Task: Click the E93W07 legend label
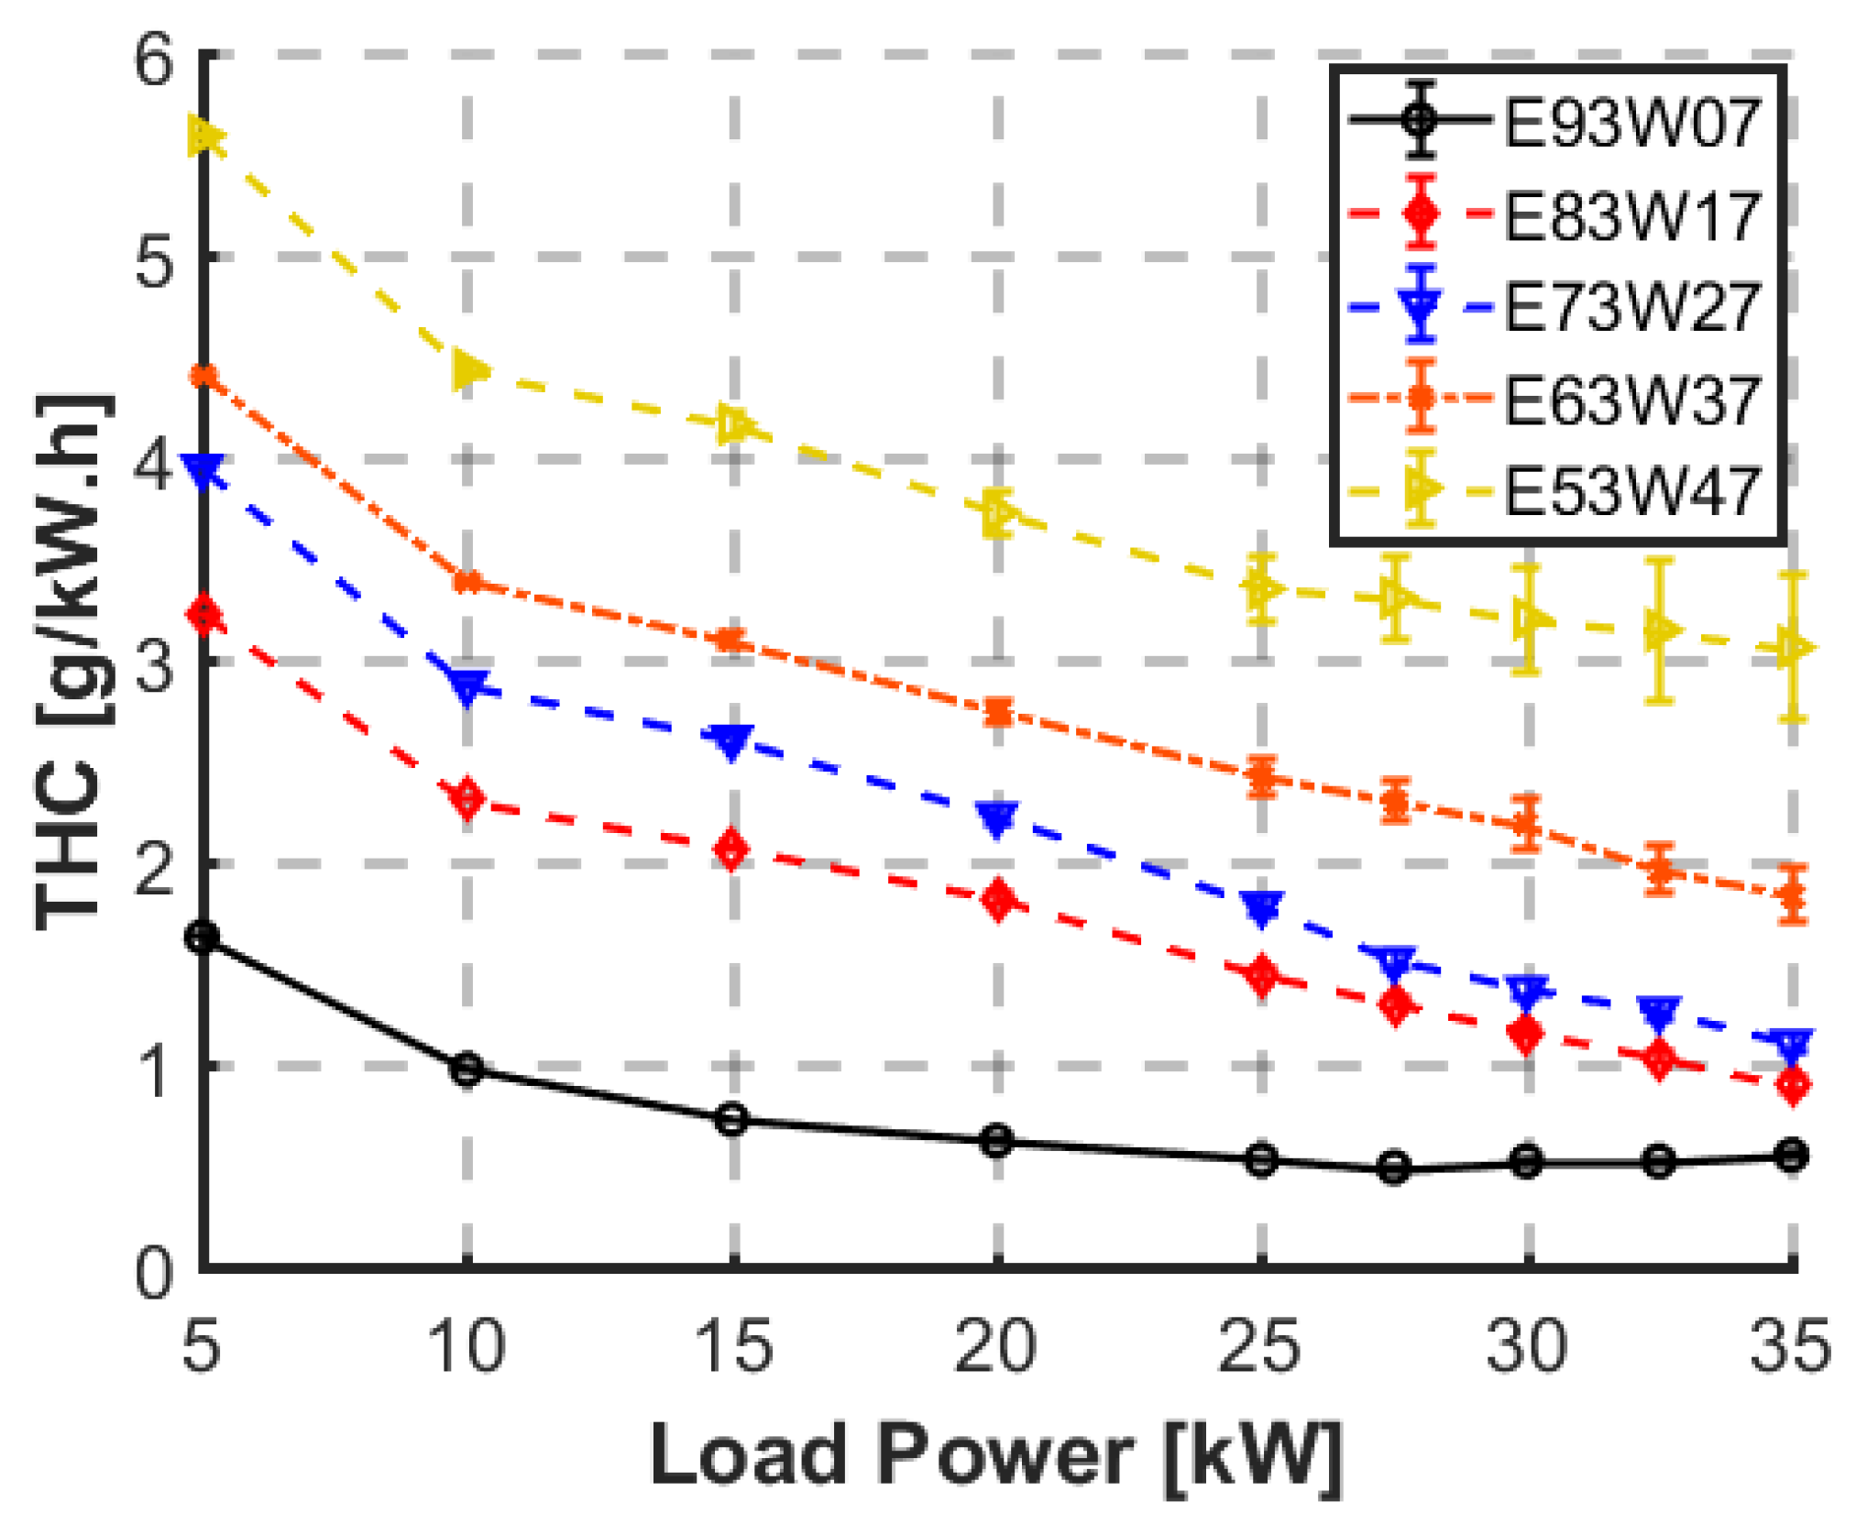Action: pos(1631,122)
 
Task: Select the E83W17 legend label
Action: pos(1631,215)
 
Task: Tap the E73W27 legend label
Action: pos(1631,307)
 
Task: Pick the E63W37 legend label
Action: pos(1631,400)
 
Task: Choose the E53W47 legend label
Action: pos(1631,491)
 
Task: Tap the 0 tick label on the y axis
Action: pos(154,1272)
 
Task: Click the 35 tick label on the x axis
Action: pos(1790,1346)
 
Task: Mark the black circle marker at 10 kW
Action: pos(467,1069)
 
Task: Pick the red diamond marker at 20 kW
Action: pos(998,900)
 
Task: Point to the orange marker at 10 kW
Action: pos(467,581)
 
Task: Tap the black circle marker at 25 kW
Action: pos(1262,1160)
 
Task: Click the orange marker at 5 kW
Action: pos(204,376)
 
